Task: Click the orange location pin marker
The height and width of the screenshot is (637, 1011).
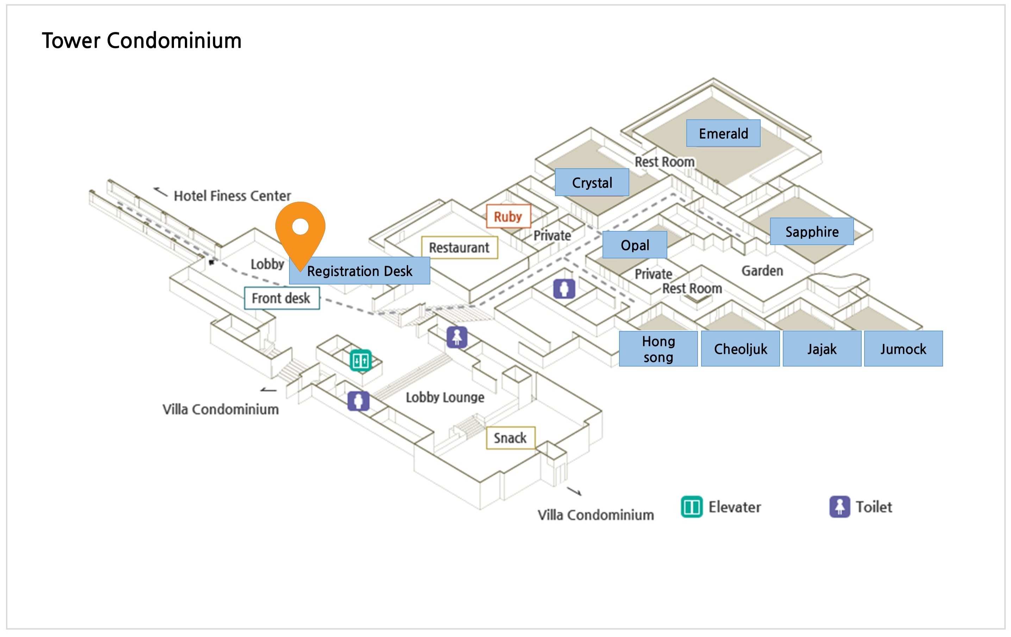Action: [300, 229]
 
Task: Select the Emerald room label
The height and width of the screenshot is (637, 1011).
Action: [723, 133]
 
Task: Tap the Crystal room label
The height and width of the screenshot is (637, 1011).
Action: [592, 182]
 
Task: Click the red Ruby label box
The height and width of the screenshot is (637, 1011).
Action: [508, 216]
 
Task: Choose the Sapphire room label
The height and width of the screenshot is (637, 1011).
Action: [812, 231]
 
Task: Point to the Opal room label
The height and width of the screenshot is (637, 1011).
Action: [635, 245]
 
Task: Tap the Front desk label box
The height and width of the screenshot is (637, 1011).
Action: [282, 298]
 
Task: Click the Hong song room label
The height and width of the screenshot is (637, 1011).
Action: [658, 349]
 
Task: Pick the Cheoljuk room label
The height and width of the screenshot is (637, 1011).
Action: [740, 349]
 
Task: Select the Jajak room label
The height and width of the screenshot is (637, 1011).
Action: [822, 349]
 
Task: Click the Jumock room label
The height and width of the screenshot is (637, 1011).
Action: [903, 349]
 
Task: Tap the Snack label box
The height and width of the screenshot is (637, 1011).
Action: [510, 438]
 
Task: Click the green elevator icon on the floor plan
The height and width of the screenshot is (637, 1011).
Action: [361, 360]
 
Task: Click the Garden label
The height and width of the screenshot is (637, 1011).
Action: [762, 271]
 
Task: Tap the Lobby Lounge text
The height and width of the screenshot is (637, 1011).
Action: [445, 397]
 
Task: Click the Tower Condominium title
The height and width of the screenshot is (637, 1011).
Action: [142, 41]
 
